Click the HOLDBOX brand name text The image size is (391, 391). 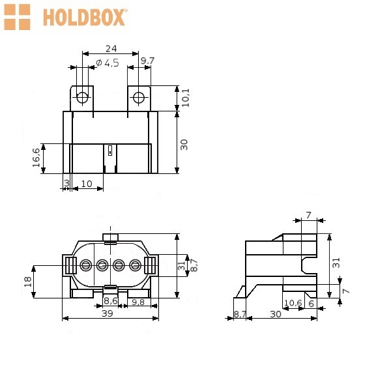tap(84, 18)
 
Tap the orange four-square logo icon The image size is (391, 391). tap(17, 17)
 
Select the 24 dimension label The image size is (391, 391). tap(111, 48)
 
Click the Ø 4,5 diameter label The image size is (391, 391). tap(108, 63)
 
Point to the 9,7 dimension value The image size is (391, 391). tap(147, 61)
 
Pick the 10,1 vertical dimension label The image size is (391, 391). tap(186, 98)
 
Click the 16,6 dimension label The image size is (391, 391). tap(36, 158)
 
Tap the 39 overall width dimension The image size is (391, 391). tap(108, 313)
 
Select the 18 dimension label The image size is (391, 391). tap(27, 282)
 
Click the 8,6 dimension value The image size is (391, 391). tap(111, 300)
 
